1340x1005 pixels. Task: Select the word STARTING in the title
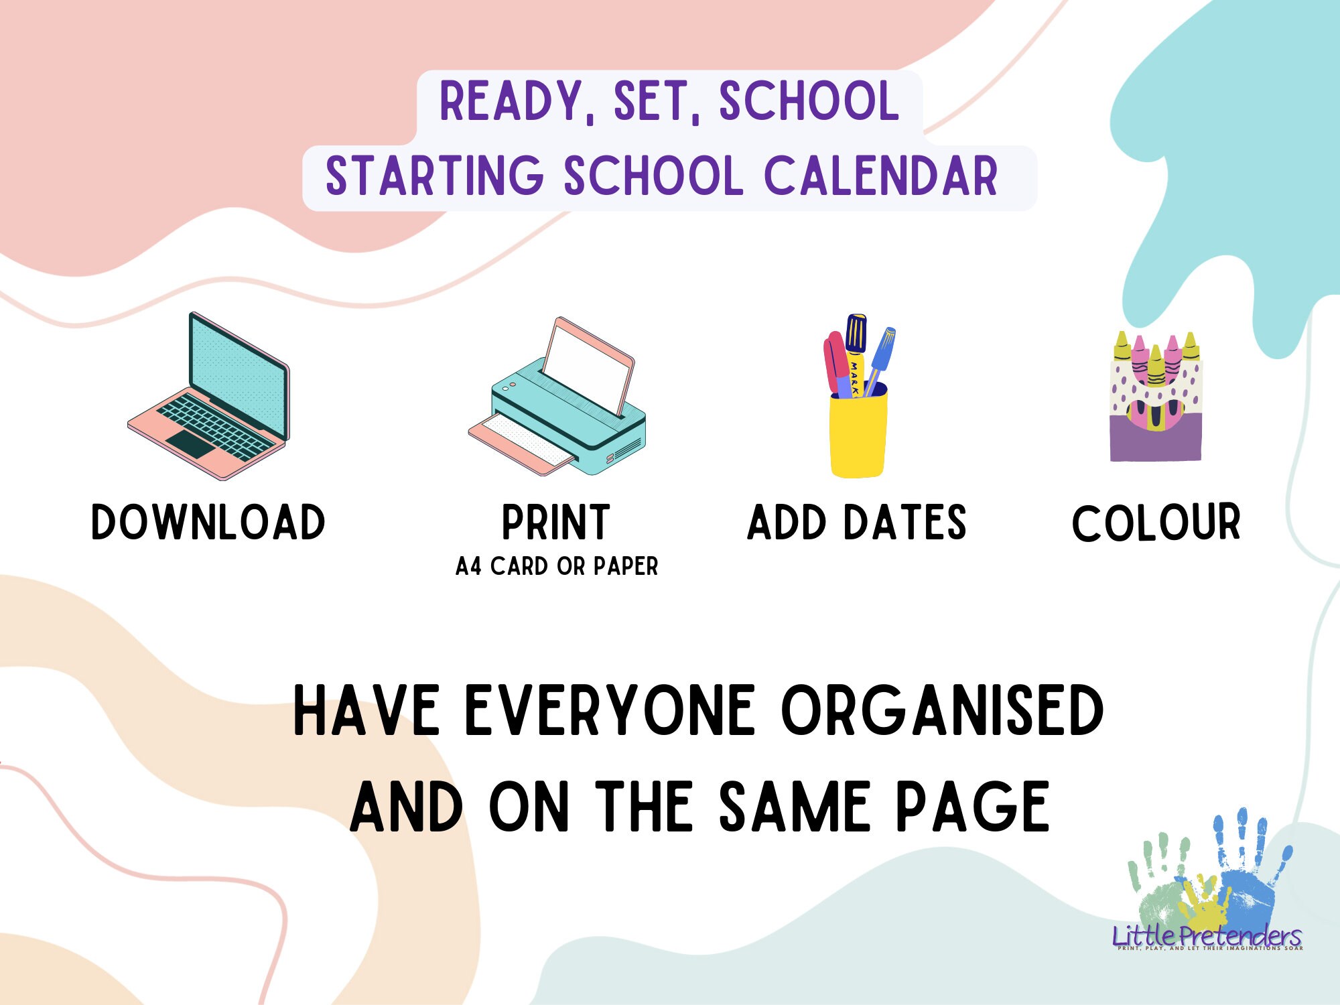pyautogui.click(x=434, y=177)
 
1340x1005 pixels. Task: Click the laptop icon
pyautogui.click(x=210, y=397)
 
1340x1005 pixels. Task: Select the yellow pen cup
pyautogui.click(x=858, y=433)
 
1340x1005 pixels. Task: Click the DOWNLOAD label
pyautogui.click(x=208, y=523)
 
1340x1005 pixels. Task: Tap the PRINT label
pyautogui.click(x=556, y=523)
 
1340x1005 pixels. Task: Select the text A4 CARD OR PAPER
pyautogui.click(x=557, y=567)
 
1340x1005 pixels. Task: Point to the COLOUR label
pyautogui.click(x=1156, y=523)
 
